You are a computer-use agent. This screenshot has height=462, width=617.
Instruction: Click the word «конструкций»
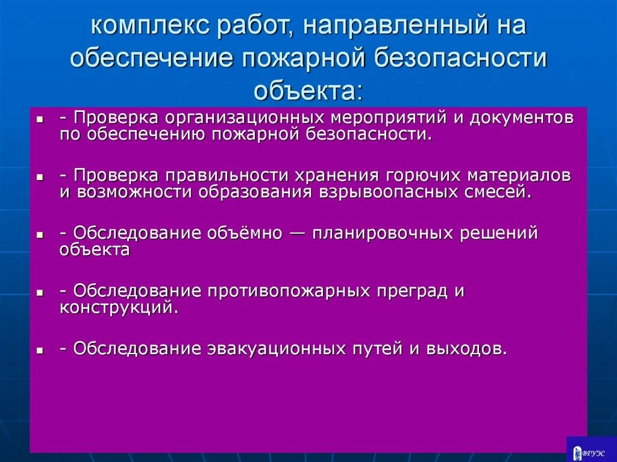118,307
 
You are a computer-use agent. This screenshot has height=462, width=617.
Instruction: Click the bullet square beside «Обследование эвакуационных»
39,350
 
